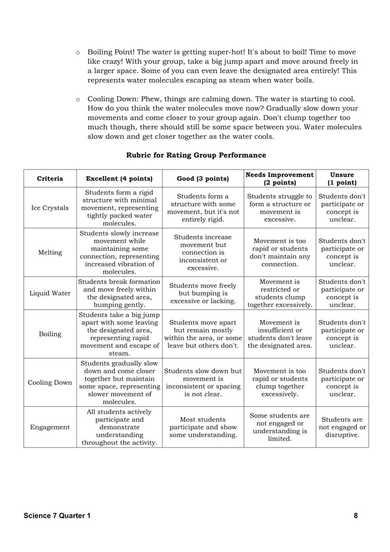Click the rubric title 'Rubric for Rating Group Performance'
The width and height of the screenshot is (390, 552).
196,155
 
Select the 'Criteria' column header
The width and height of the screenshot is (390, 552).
50,179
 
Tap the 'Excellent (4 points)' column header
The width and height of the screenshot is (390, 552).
119,179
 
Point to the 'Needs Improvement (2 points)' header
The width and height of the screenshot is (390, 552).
279,179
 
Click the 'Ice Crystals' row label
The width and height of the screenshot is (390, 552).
50,208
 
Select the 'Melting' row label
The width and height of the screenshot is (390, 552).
50,252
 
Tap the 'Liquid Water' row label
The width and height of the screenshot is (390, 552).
50,293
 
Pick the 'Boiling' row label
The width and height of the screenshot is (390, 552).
50,334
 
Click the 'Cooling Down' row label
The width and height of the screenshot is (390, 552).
50,382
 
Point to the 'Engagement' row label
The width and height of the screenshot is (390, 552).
50,427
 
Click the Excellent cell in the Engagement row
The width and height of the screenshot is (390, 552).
119,427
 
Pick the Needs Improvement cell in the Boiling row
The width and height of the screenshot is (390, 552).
279,334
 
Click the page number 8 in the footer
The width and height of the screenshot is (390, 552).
356,516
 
